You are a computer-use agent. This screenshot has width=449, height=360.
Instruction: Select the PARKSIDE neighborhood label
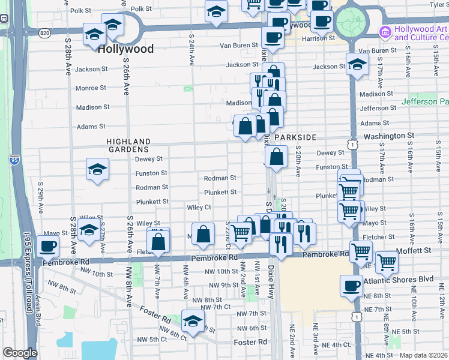tap(295, 137)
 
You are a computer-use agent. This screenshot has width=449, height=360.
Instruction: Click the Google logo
tap(20, 353)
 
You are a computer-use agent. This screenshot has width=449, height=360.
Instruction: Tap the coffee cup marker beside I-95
tap(48, 246)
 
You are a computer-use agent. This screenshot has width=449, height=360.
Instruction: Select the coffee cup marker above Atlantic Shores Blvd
tap(352, 286)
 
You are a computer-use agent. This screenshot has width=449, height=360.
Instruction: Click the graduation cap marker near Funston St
tap(97, 169)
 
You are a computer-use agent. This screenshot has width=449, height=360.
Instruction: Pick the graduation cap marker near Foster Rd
tap(192, 322)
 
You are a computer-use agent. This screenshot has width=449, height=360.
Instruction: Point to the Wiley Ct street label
tap(199, 208)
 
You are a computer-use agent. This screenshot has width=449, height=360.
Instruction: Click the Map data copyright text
tap(424, 355)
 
